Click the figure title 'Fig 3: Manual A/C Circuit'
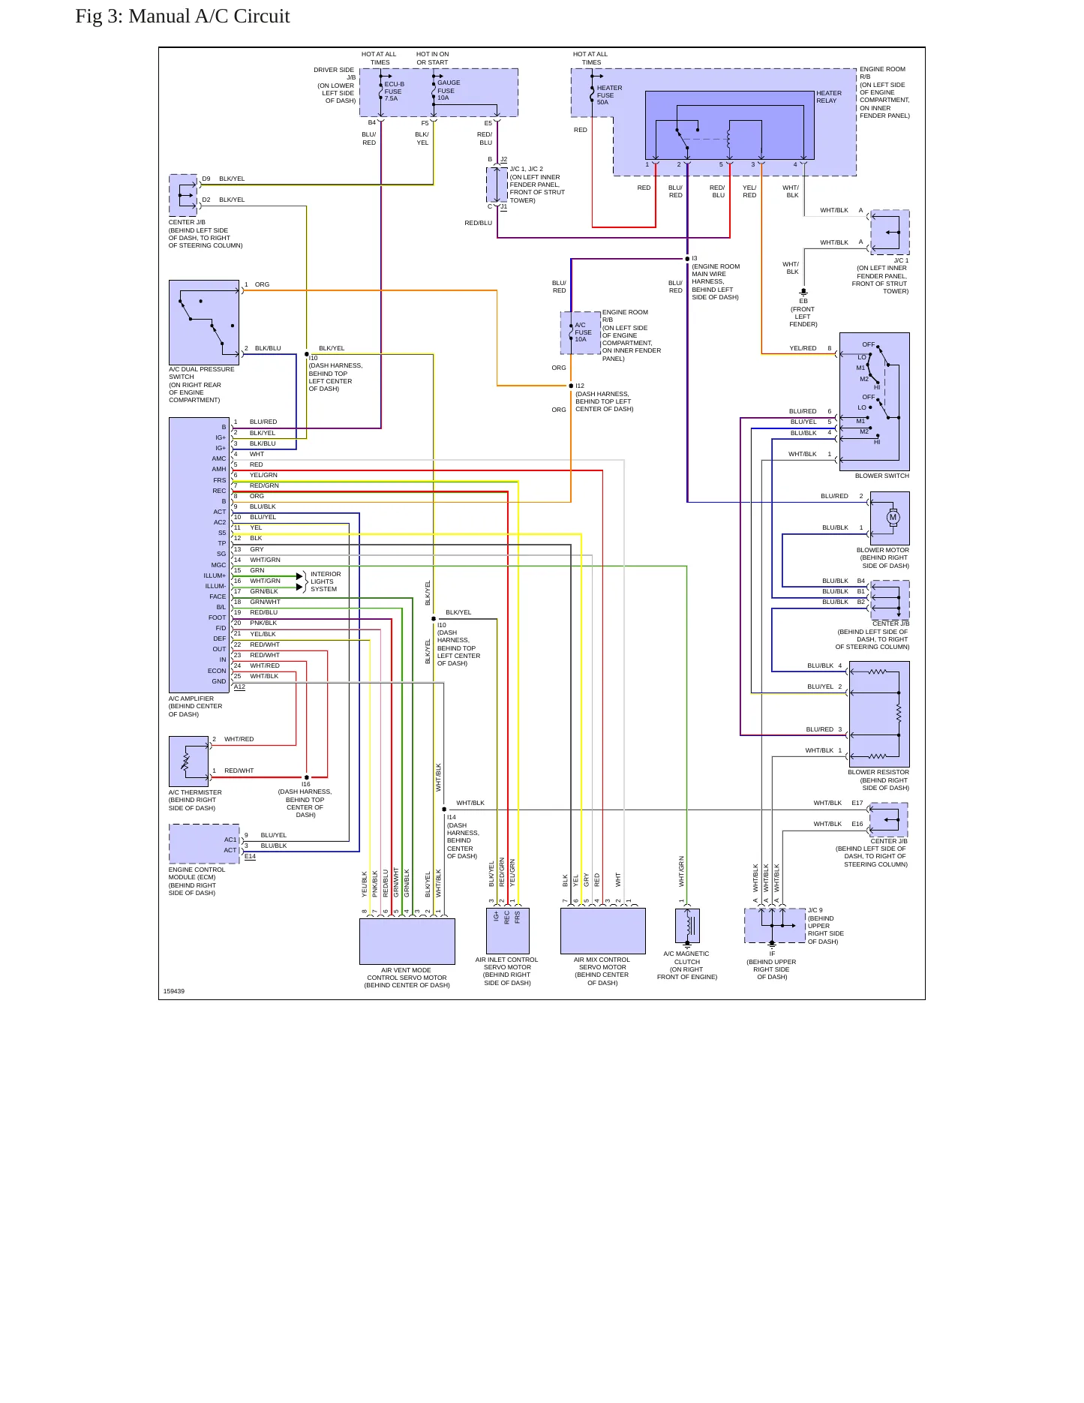[x=182, y=17]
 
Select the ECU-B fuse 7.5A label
[x=394, y=91]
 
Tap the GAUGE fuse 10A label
[x=449, y=90]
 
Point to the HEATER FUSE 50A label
[x=609, y=95]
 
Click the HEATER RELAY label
[x=829, y=97]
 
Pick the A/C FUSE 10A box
[x=581, y=332]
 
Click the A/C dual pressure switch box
[x=204, y=323]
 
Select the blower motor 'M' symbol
[x=893, y=517]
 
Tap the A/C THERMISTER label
[x=195, y=792]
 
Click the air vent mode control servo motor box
[x=407, y=942]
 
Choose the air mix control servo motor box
[x=602, y=931]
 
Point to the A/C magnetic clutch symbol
[x=688, y=926]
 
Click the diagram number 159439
[x=174, y=991]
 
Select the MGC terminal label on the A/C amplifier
[x=218, y=565]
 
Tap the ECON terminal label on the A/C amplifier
[x=217, y=671]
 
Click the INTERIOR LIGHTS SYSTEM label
[x=326, y=581]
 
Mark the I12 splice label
[x=580, y=386]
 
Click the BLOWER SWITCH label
[x=882, y=476]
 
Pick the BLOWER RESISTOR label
[x=878, y=772]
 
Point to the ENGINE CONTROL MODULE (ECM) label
[x=197, y=873]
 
